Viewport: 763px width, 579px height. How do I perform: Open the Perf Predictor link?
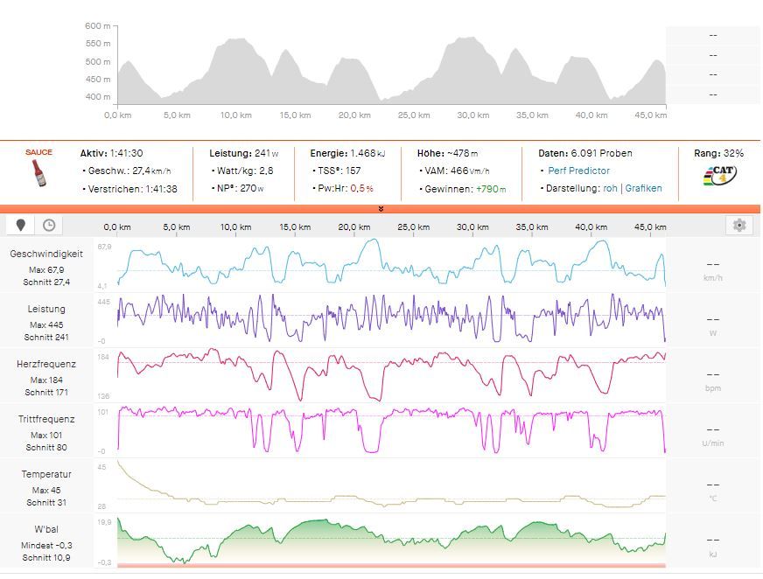(x=578, y=171)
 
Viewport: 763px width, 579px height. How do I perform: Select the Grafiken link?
(x=643, y=188)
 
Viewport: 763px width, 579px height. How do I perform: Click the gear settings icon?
(x=739, y=226)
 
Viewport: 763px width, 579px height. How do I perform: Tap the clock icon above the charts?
(x=49, y=226)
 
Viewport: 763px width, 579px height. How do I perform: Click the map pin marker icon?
(x=22, y=226)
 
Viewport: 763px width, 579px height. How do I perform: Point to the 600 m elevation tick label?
(x=98, y=26)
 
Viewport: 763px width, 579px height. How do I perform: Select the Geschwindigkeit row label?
(x=46, y=254)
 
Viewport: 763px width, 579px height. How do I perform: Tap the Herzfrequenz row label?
(x=46, y=364)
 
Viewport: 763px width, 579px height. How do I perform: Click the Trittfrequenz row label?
(x=46, y=419)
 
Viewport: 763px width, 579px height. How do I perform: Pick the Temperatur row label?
(x=46, y=474)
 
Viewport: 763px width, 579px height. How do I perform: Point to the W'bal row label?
(x=46, y=529)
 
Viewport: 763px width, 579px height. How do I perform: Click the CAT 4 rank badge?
(x=720, y=174)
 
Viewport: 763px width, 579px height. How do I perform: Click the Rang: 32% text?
(x=718, y=153)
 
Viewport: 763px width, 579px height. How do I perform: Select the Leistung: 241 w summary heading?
(x=243, y=153)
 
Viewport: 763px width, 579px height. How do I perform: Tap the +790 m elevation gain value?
(x=491, y=188)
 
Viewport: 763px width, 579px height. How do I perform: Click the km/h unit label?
(x=712, y=278)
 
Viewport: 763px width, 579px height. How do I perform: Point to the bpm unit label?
(x=712, y=388)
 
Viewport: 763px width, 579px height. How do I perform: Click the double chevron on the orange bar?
(x=381, y=209)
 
